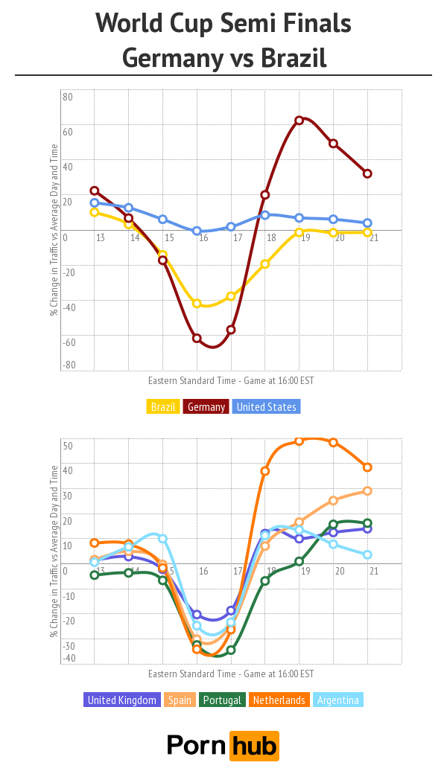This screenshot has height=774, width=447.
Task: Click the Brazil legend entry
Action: (163, 407)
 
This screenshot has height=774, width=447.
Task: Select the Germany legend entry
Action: (206, 407)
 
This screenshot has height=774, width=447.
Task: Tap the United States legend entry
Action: (266, 407)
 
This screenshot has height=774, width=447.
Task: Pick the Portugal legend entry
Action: (222, 700)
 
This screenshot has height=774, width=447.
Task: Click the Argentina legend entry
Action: (338, 700)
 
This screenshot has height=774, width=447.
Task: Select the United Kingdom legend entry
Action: (122, 700)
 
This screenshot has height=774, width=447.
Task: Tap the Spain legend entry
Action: (180, 700)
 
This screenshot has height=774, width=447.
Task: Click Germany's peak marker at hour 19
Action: (299, 120)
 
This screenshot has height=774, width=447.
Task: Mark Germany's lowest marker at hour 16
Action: (197, 338)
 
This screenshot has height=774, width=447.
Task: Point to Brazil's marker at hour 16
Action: (197, 303)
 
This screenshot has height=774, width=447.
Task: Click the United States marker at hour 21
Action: (367, 223)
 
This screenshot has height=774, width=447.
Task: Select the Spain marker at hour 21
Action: (367, 490)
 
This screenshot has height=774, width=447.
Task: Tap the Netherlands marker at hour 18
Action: (265, 471)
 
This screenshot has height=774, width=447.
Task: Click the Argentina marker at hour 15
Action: (162, 538)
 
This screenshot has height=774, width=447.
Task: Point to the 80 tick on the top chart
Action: (68, 97)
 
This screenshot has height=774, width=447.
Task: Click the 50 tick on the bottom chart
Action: (67, 446)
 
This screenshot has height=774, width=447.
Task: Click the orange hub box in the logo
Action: (254, 745)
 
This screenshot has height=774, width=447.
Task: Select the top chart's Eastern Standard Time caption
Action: (231, 380)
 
